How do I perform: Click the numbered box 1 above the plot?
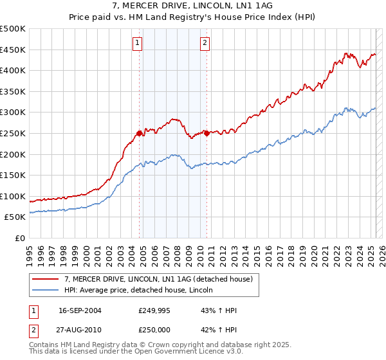[x=138, y=44]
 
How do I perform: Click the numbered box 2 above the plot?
[x=205, y=44]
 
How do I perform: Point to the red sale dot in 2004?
[x=139, y=133]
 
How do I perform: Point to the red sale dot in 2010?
[x=207, y=133]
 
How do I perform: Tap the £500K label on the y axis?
[x=13, y=29]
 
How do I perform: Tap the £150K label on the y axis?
[x=13, y=175]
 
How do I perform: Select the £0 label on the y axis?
[x=19, y=238]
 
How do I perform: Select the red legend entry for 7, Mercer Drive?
[x=161, y=279]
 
